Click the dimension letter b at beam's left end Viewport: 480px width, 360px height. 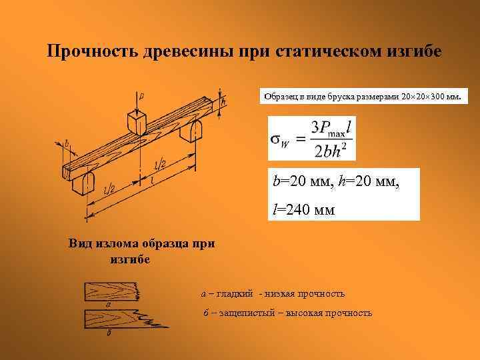click(67, 143)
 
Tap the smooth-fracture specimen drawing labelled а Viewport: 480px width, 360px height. click(110, 291)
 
